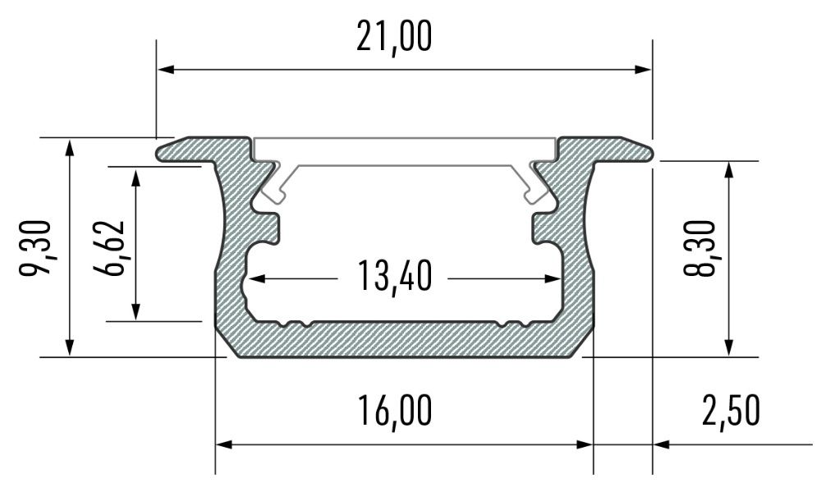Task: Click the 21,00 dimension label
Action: (x=394, y=37)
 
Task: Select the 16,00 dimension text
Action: (x=395, y=411)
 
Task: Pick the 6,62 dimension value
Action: (x=109, y=248)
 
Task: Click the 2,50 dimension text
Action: (x=731, y=411)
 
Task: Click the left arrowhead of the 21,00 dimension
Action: (x=166, y=69)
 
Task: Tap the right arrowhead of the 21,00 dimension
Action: (x=643, y=69)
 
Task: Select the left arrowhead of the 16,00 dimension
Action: (x=224, y=444)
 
